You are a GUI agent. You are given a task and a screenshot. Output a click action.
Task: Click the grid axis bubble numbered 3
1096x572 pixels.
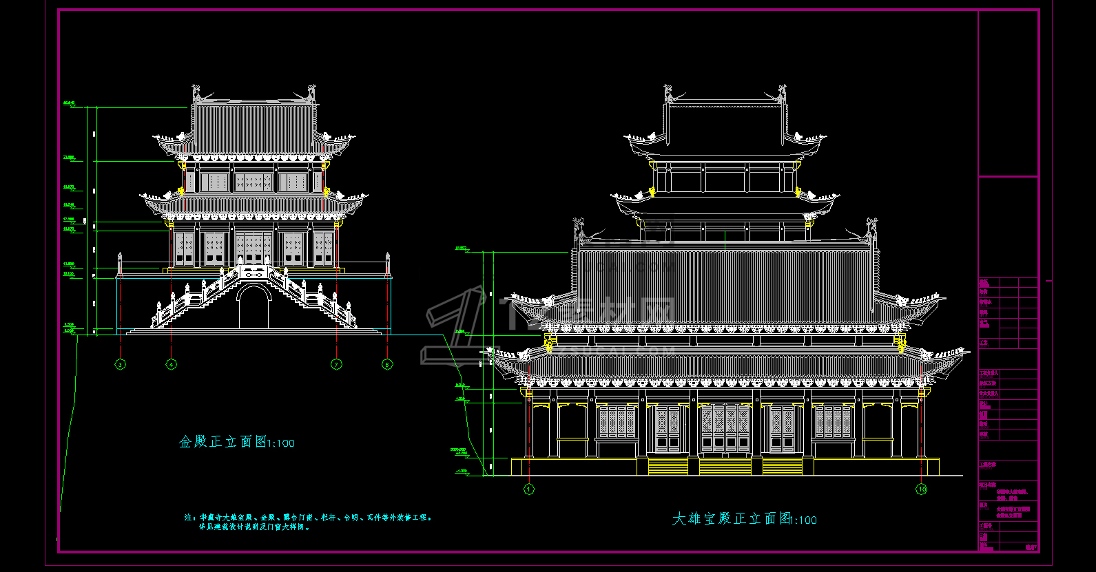coord(121,364)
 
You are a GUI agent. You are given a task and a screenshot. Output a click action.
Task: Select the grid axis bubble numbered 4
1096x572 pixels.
coord(172,364)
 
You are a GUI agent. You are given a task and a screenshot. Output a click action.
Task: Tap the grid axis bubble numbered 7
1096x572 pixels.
coord(336,364)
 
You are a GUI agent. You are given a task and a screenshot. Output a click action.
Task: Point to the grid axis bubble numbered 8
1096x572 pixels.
coord(387,364)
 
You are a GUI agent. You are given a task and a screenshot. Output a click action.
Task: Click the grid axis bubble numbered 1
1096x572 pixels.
coord(529,489)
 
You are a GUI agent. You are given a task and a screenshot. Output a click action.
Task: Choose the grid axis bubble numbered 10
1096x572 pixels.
coord(922,489)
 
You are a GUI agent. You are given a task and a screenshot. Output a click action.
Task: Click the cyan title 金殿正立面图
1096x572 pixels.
coord(223,442)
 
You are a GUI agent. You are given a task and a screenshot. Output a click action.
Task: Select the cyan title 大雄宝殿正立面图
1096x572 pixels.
coord(732,518)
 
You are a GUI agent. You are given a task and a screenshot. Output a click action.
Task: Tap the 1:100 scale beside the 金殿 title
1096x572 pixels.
coord(281,443)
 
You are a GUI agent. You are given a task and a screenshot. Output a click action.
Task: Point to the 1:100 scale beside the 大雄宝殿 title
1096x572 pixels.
coord(803,520)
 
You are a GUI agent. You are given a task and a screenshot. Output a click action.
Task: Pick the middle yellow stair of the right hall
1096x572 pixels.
coord(725,467)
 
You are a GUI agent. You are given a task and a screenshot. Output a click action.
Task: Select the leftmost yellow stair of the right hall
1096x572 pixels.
coord(668,467)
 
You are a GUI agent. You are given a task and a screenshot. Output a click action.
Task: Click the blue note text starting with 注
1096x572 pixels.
coord(307,522)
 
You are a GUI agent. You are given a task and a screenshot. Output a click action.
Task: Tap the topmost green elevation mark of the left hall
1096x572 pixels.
coord(69,104)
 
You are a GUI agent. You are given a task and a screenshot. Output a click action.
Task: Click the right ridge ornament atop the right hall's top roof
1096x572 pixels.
coord(783,94)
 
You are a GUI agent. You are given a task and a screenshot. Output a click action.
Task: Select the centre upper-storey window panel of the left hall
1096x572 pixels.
coord(254,182)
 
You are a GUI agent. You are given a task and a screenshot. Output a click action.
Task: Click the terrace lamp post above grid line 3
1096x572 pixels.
coord(120,264)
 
